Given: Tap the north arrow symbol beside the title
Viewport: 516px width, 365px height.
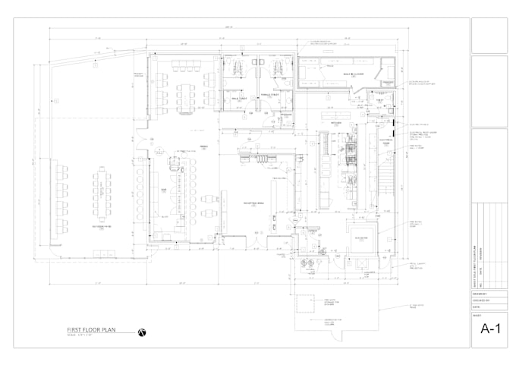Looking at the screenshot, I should (141, 332).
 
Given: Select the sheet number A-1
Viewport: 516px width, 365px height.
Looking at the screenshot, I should (489, 329).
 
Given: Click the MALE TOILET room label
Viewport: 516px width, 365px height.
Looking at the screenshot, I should (240, 96).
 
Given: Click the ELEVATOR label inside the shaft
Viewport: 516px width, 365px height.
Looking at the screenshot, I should (361, 238).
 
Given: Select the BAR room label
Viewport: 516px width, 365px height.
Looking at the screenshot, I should (162, 191).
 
